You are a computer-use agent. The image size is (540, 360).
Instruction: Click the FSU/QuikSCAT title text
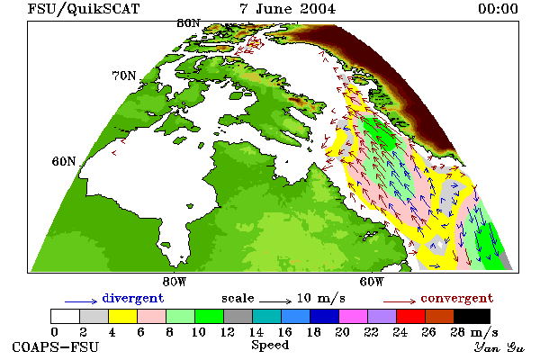point(84,9)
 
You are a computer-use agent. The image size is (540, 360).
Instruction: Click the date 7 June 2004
point(288,9)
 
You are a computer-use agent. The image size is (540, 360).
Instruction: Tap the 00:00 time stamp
point(498,9)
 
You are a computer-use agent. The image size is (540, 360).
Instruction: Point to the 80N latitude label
point(188,23)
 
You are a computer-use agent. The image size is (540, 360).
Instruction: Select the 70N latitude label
point(124,76)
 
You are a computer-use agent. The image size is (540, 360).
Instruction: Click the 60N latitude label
point(64,161)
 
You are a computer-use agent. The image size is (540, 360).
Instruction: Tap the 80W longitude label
point(175,282)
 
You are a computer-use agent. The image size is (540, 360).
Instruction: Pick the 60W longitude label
point(372,282)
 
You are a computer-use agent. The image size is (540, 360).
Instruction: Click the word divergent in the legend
point(133,298)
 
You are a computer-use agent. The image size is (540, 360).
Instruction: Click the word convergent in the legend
point(457,298)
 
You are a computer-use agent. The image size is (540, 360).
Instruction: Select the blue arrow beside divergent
point(81,301)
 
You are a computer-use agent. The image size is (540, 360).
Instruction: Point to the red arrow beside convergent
point(400,301)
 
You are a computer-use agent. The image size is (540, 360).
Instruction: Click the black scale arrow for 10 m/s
point(275,301)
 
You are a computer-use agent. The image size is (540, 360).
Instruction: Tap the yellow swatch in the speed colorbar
point(123,316)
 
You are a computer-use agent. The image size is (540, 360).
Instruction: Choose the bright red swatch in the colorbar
point(411,316)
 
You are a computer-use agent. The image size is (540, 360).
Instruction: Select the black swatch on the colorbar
point(472,316)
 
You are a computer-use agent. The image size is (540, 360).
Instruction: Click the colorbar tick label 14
point(256,332)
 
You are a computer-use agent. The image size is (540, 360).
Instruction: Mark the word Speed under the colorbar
point(270,346)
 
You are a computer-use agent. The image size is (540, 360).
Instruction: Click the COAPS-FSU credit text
point(55,346)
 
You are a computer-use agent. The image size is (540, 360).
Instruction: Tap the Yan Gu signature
point(499,347)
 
